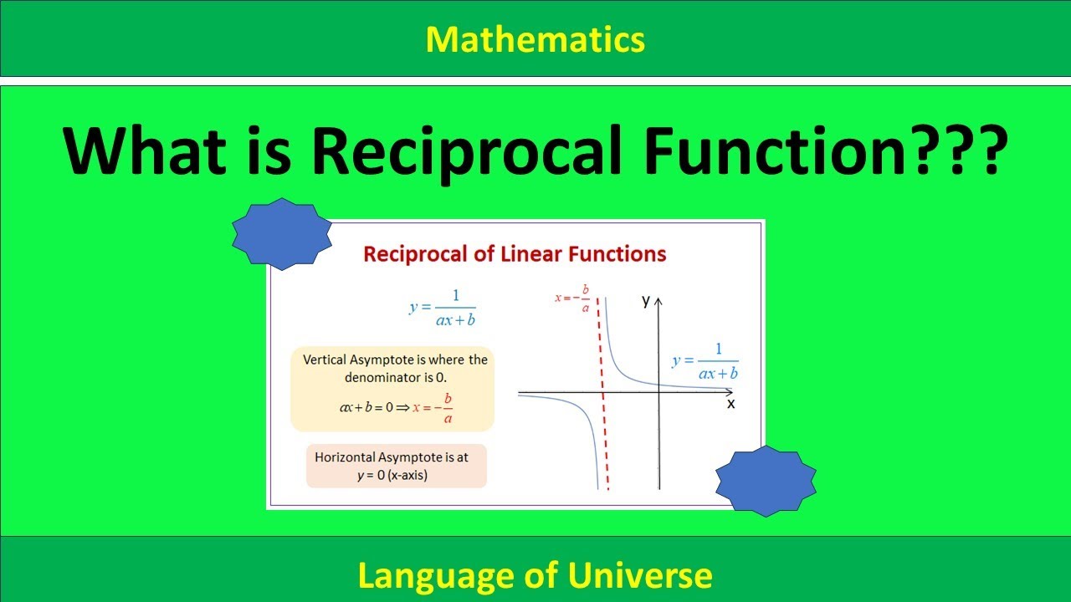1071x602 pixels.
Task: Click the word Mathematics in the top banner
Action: tap(535, 38)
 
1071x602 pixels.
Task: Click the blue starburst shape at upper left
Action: tap(282, 234)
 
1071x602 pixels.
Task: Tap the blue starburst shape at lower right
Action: tap(766, 481)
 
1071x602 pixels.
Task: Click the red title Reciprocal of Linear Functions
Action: tap(515, 254)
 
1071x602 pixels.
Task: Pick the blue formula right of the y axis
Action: tap(705, 362)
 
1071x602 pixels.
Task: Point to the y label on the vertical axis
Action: tap(646, 300)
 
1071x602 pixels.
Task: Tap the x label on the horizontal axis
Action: tap(730, 403)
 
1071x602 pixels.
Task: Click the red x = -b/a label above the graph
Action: tap(574, 298)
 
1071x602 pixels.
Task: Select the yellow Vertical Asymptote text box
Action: tap(392, 389)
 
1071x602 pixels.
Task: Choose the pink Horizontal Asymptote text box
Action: tap(396, 466)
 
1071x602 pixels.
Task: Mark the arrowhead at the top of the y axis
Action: tap(659, 299)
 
